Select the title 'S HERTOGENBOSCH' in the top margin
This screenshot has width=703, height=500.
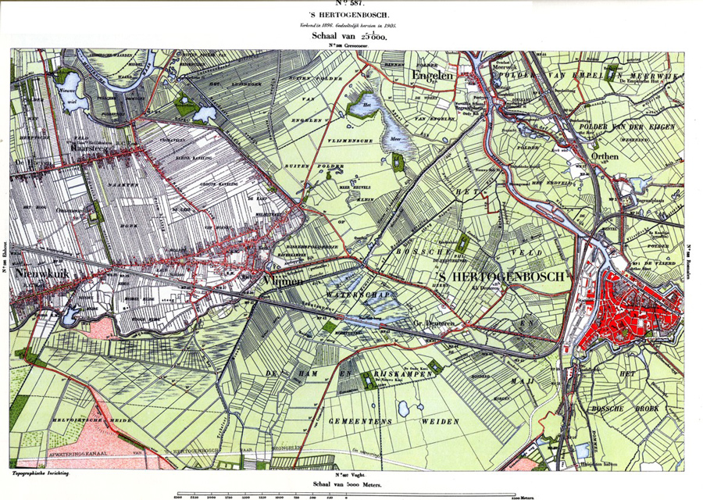point(351,16)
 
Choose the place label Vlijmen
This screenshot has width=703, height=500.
point(284,280)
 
